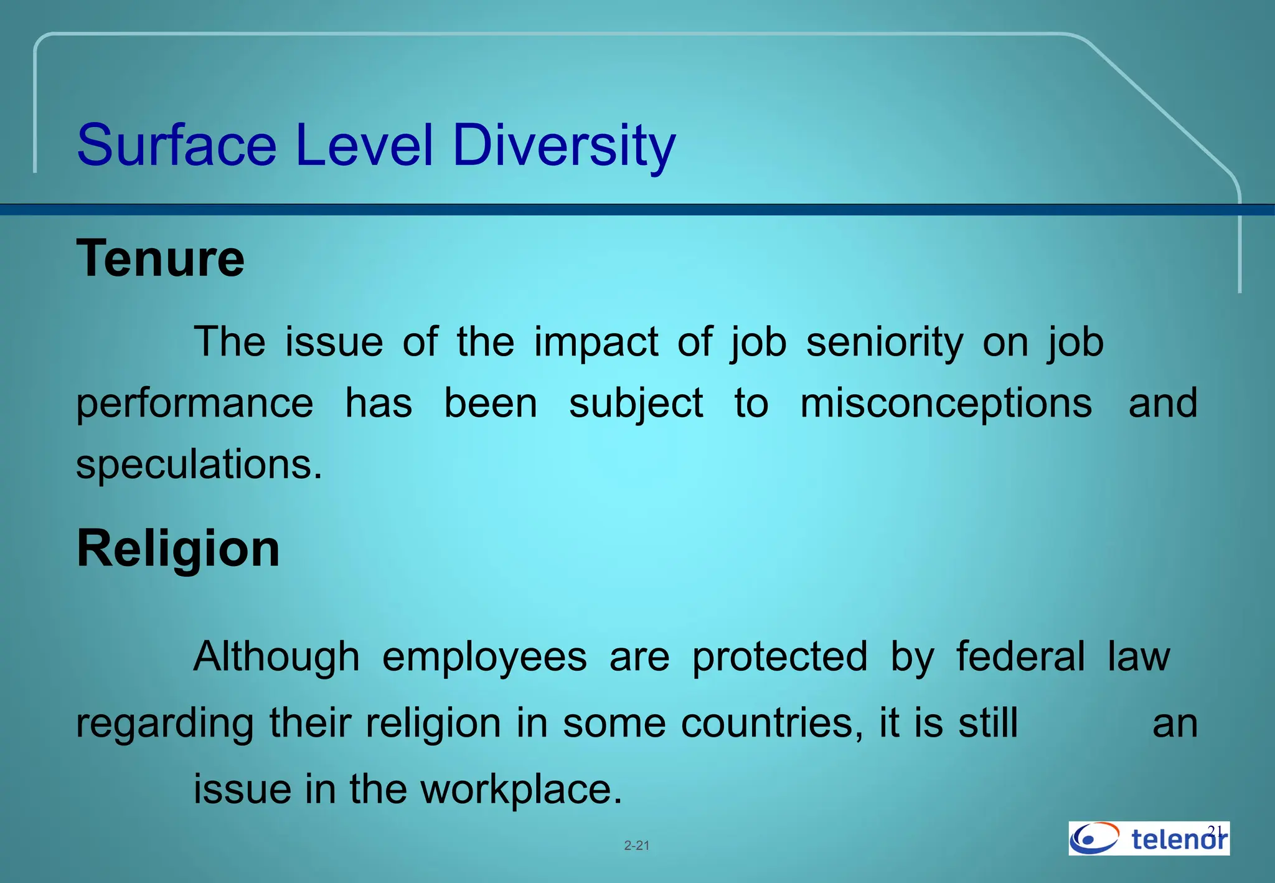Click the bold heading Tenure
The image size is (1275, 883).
click(161, 258)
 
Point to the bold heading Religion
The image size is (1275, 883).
click(178, 549)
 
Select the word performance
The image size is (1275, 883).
click(194, 403)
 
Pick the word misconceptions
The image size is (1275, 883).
click(946, 403)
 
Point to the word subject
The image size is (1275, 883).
click(636, 403)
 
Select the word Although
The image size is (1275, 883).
click(276, 656)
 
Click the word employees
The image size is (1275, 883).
click(484, 656)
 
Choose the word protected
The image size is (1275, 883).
click(779, 656)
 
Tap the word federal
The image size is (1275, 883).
click(1020, 656)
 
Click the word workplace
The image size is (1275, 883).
click(522, 789)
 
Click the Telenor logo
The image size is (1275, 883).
click(1149, 838)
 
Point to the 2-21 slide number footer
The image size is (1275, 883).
click(637, 846)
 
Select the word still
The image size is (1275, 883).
click(988, 723)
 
